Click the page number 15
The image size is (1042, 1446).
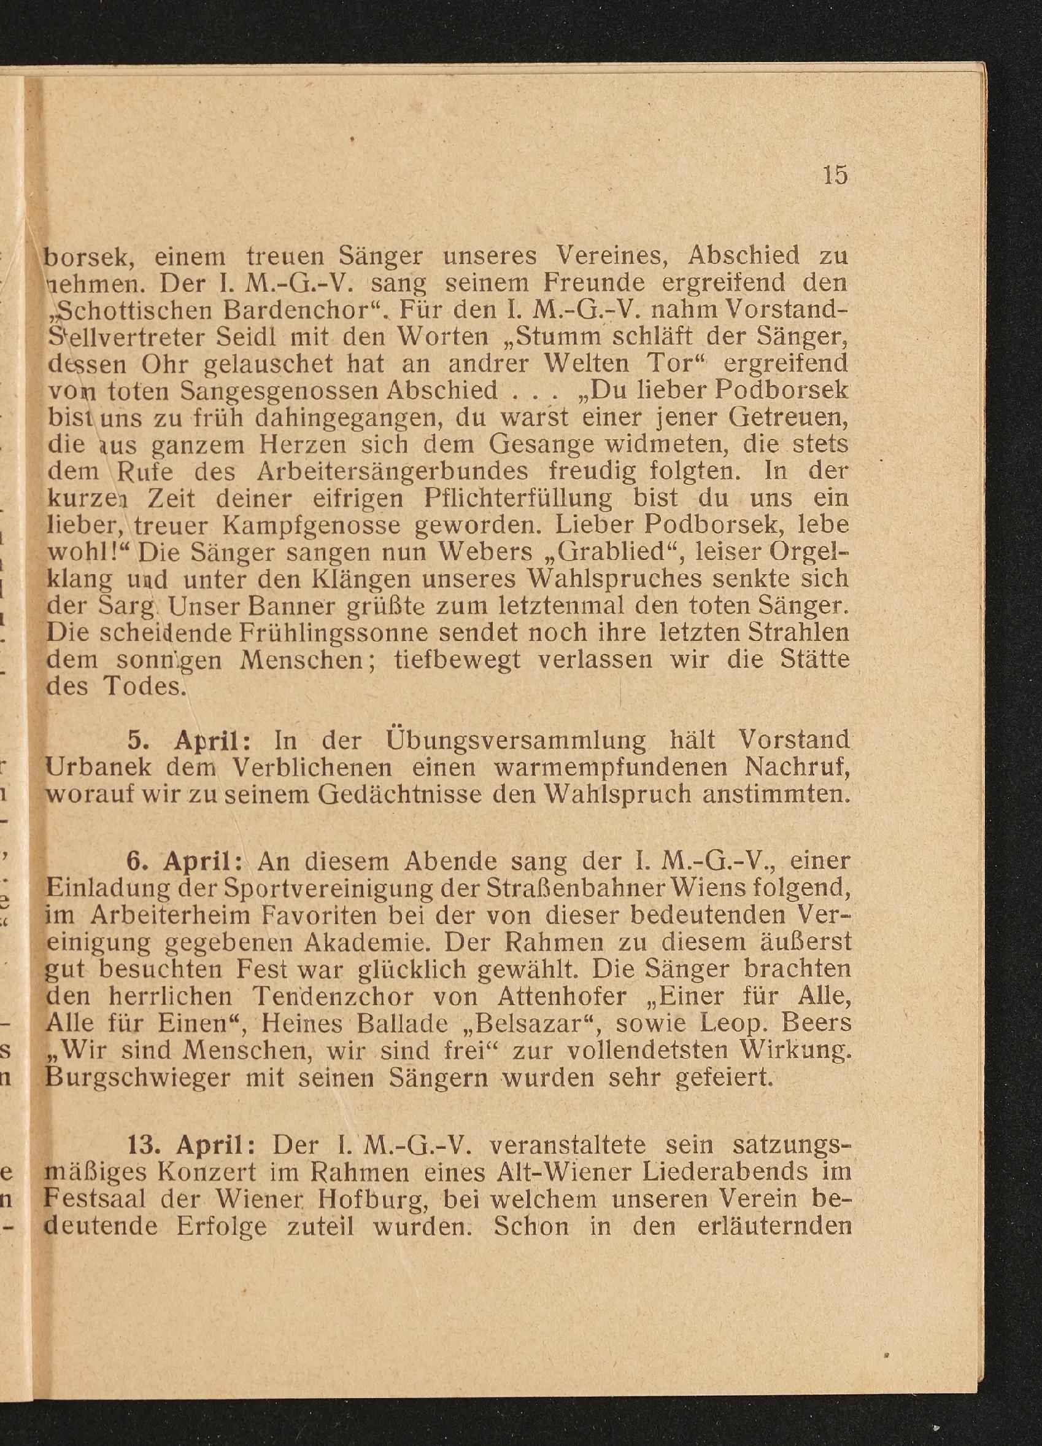coord(835,175)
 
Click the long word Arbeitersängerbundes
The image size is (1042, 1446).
coord(393,470)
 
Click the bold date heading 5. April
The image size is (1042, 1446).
coord(188,740)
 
